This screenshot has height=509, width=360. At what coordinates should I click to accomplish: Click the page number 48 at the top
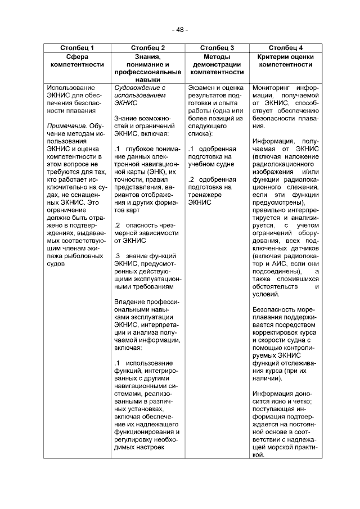pyautogui.click(x=180, y=29)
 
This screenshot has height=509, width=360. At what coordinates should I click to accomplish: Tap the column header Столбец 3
pyautogui.click(x=217, y=48)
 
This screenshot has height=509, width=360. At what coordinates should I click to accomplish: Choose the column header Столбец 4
pyautogui.click(x=285, y=48)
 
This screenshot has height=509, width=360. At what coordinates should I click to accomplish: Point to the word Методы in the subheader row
pyautogui.click(x=217, y=57)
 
